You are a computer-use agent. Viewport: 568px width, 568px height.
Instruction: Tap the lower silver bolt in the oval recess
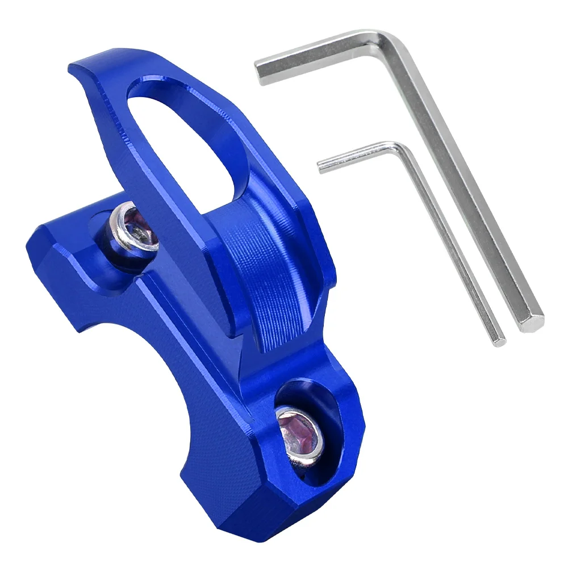tap(299, 432)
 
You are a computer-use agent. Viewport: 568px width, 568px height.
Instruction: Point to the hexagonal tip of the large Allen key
tap(531, 321)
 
